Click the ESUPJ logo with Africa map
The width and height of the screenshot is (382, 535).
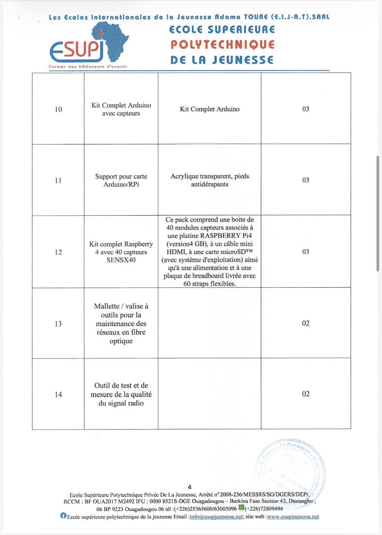pos(89,43)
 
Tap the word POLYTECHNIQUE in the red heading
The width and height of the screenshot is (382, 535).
pos(223,45)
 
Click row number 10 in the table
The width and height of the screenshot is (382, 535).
pos(58,109)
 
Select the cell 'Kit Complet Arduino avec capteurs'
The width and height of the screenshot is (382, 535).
pos(121,109)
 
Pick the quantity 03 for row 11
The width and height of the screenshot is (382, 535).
pos(306,180)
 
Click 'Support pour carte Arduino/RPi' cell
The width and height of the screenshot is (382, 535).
pos(121,180)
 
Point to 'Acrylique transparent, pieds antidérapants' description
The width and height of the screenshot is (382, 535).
pos(210,180)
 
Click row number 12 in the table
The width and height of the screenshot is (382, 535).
pos(58,252)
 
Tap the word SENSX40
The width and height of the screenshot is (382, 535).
pos(121,260)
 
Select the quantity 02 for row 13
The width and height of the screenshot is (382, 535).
pos(306,323)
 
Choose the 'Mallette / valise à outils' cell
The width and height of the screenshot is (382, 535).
pos(121,323)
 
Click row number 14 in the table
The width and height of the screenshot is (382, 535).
pos(58,395)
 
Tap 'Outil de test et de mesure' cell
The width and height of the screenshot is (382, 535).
pos(121,394)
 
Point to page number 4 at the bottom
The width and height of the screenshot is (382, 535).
pos(190,487)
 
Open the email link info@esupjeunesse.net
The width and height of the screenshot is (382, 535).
pos(216,517)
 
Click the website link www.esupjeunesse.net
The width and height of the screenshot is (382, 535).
pos(293,517)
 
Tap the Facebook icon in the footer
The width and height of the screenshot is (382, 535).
pos(63,516)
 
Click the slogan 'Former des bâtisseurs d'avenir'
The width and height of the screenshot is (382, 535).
pos(88,67)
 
